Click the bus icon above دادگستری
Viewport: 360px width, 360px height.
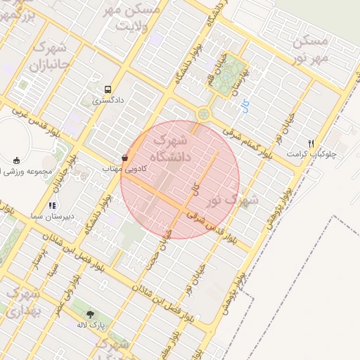tap(108, 90)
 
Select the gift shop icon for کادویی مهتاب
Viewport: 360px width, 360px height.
tap(125, 158)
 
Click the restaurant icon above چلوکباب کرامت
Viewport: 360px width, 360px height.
tap(311, 143)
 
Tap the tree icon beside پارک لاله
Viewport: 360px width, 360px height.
tap(90, 315)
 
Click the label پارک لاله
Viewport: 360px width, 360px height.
tap(91, 326)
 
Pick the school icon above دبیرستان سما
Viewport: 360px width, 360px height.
tap(51, 206)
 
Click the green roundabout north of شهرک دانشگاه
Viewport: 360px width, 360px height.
tap(204, 113)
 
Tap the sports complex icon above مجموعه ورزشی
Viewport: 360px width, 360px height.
tap(17, 160)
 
